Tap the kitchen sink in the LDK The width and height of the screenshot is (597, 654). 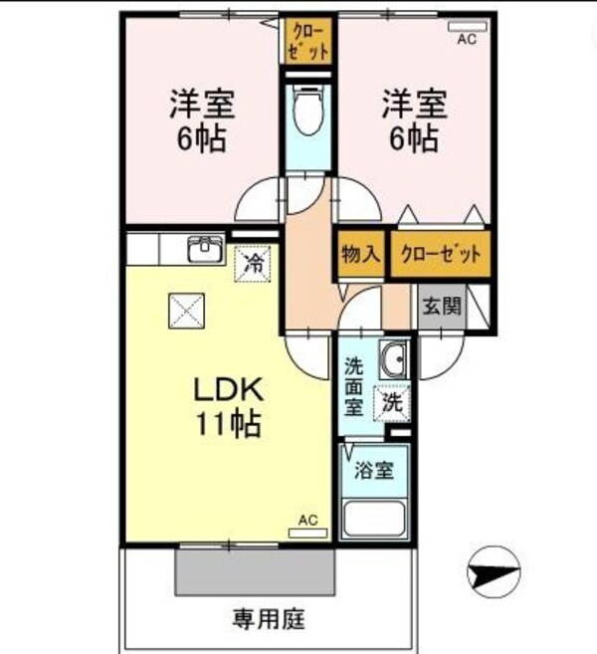click(206, 248)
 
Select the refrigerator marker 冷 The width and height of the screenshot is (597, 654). click(254, 263)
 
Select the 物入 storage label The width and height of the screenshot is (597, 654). click(361, 254)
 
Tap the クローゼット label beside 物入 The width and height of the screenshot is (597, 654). click(440, 254)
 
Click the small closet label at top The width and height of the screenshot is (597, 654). click(307, 39)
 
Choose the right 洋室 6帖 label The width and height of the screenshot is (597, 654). click(411, 118)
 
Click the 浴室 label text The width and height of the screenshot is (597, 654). click(374, 472)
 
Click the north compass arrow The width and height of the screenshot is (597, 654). click(494, 573)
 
